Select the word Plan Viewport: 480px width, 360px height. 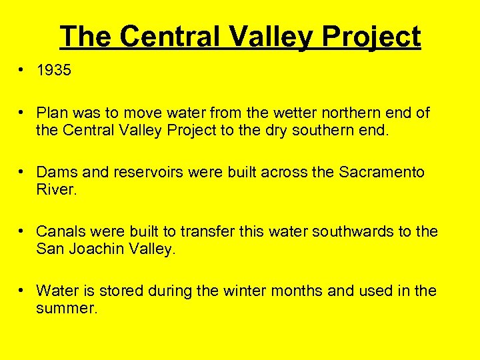[x=51, y=113]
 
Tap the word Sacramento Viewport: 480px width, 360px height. [x=381, y=173]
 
